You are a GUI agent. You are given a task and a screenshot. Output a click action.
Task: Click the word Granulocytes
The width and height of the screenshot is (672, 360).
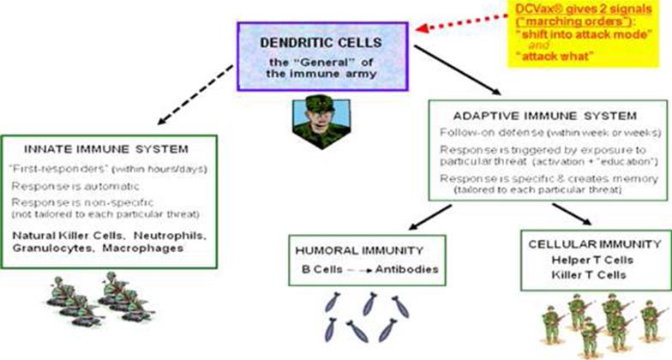point(59,250)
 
